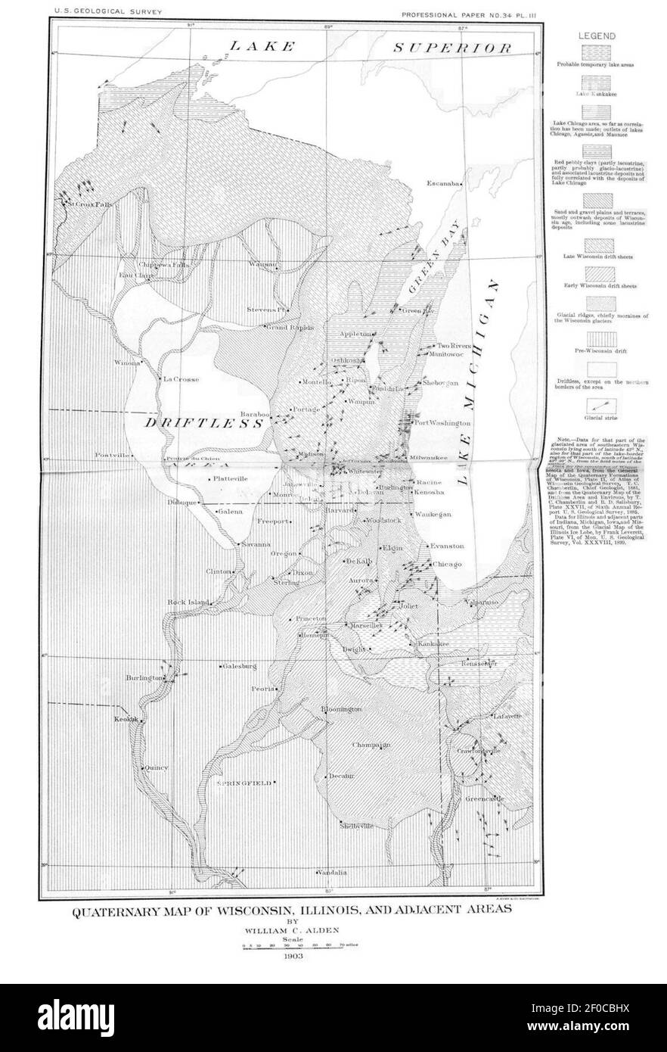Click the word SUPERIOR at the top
[x=451, y=47]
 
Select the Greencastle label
[x=484, y=799]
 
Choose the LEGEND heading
[x=597, y=36]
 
